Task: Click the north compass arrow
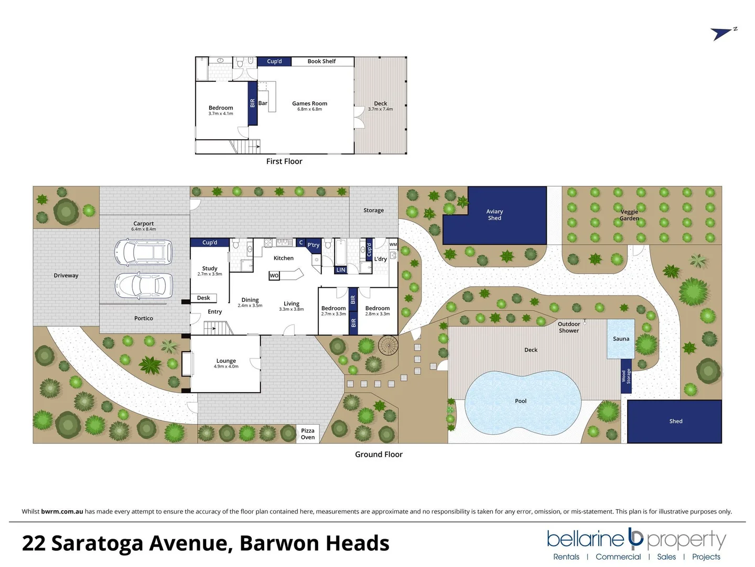coord(722,34)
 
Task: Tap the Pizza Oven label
coord(308,434)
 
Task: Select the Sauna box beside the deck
coord(621,339)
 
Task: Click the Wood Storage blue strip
coord(626,376)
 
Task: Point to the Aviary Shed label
coord(494,215)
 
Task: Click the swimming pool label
coord(521,401)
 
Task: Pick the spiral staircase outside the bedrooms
coord(388,346)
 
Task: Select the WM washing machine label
coord(393,245)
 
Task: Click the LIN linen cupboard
coord(341,270)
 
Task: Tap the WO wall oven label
coord(274,276)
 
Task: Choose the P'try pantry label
coord(314,245)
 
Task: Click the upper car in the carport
coord(143,252)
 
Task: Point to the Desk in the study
coord(203,298)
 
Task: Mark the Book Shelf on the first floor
coord(321,61)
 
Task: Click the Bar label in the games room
coord(263,103)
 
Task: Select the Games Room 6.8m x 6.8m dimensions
coord(309,109)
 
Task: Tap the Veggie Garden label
coord(629,215)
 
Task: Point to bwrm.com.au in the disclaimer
coord(62,511)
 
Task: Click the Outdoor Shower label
coord(569,327)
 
